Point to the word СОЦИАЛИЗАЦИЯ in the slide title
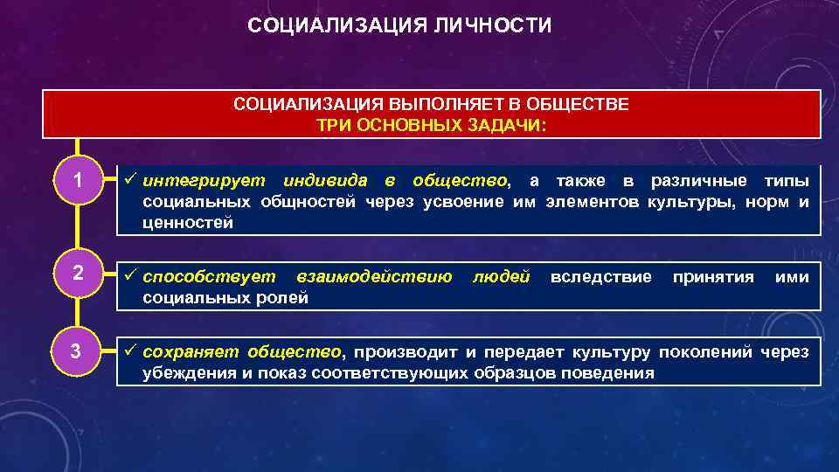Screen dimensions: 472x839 337,25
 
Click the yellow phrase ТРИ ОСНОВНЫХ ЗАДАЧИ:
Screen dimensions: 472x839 431,125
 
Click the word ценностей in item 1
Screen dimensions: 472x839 188,223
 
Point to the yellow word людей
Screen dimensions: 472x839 501,277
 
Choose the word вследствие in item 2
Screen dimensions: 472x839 600,277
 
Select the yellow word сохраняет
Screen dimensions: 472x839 191,352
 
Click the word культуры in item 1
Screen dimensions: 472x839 684,203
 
